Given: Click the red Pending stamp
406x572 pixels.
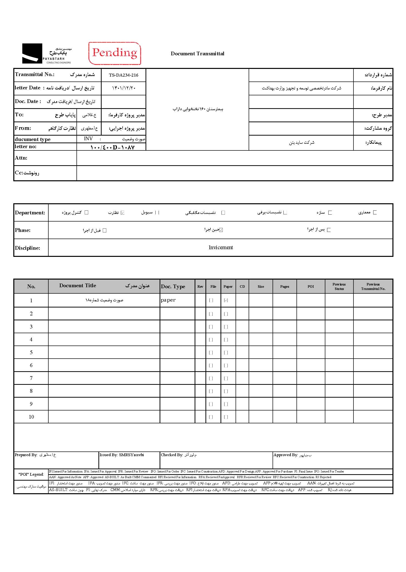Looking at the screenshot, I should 114,53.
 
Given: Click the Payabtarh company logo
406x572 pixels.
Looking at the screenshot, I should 47,53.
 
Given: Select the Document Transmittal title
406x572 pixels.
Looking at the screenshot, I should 197,54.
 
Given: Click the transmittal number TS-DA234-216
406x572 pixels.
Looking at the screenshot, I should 124,75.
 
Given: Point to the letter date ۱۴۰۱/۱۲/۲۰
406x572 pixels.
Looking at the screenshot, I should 124,88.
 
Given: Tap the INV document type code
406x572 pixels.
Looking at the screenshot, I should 88,139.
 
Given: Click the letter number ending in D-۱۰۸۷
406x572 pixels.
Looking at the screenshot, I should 112,147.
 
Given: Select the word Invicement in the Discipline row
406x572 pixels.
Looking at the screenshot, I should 221,247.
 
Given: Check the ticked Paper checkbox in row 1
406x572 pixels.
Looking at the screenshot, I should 226,300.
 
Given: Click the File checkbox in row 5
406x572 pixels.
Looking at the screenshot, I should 211,352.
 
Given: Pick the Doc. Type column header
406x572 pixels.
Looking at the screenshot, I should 173,286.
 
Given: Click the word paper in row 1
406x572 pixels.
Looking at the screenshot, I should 168,300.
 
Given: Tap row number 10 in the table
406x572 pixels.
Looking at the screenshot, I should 31,417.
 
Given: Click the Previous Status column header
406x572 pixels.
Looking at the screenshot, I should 339,286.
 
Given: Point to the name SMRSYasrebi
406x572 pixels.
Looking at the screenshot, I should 131,455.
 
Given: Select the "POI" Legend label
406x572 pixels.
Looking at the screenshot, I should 31,474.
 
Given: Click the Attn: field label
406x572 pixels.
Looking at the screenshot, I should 21,158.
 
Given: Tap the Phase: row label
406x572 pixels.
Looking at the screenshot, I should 22,230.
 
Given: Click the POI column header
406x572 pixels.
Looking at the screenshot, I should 311,286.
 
